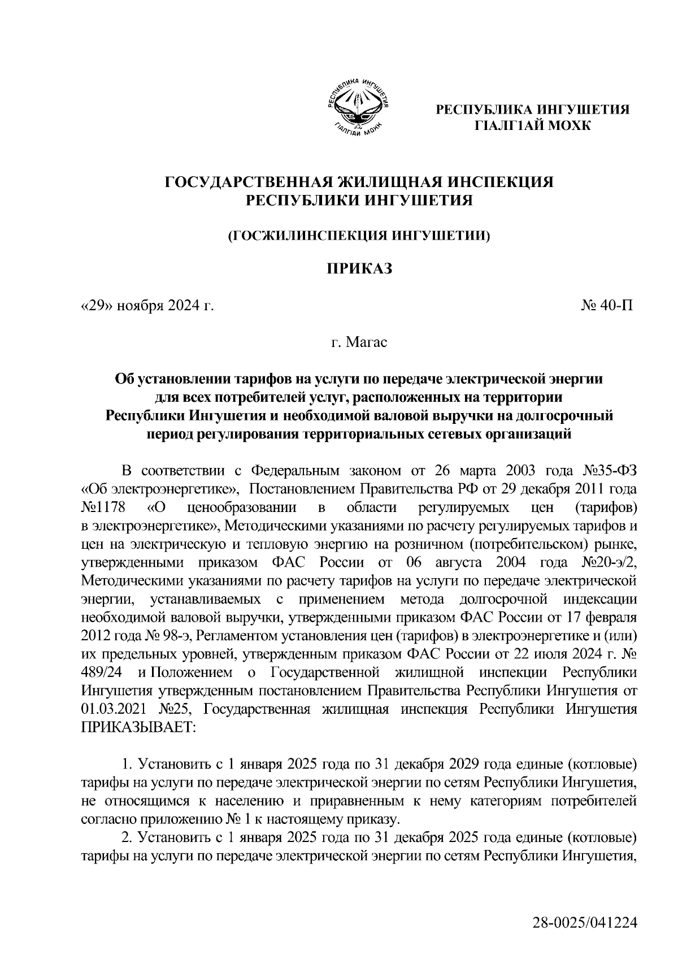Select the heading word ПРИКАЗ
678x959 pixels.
tap(357, 269)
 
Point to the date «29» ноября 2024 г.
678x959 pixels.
tap(148, 306)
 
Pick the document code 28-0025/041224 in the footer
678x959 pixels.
tap(585, 924)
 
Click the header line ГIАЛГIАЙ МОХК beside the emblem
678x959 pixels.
tap(532, 124)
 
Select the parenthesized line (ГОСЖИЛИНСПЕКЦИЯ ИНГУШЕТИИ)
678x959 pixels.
tap(358, 236)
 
